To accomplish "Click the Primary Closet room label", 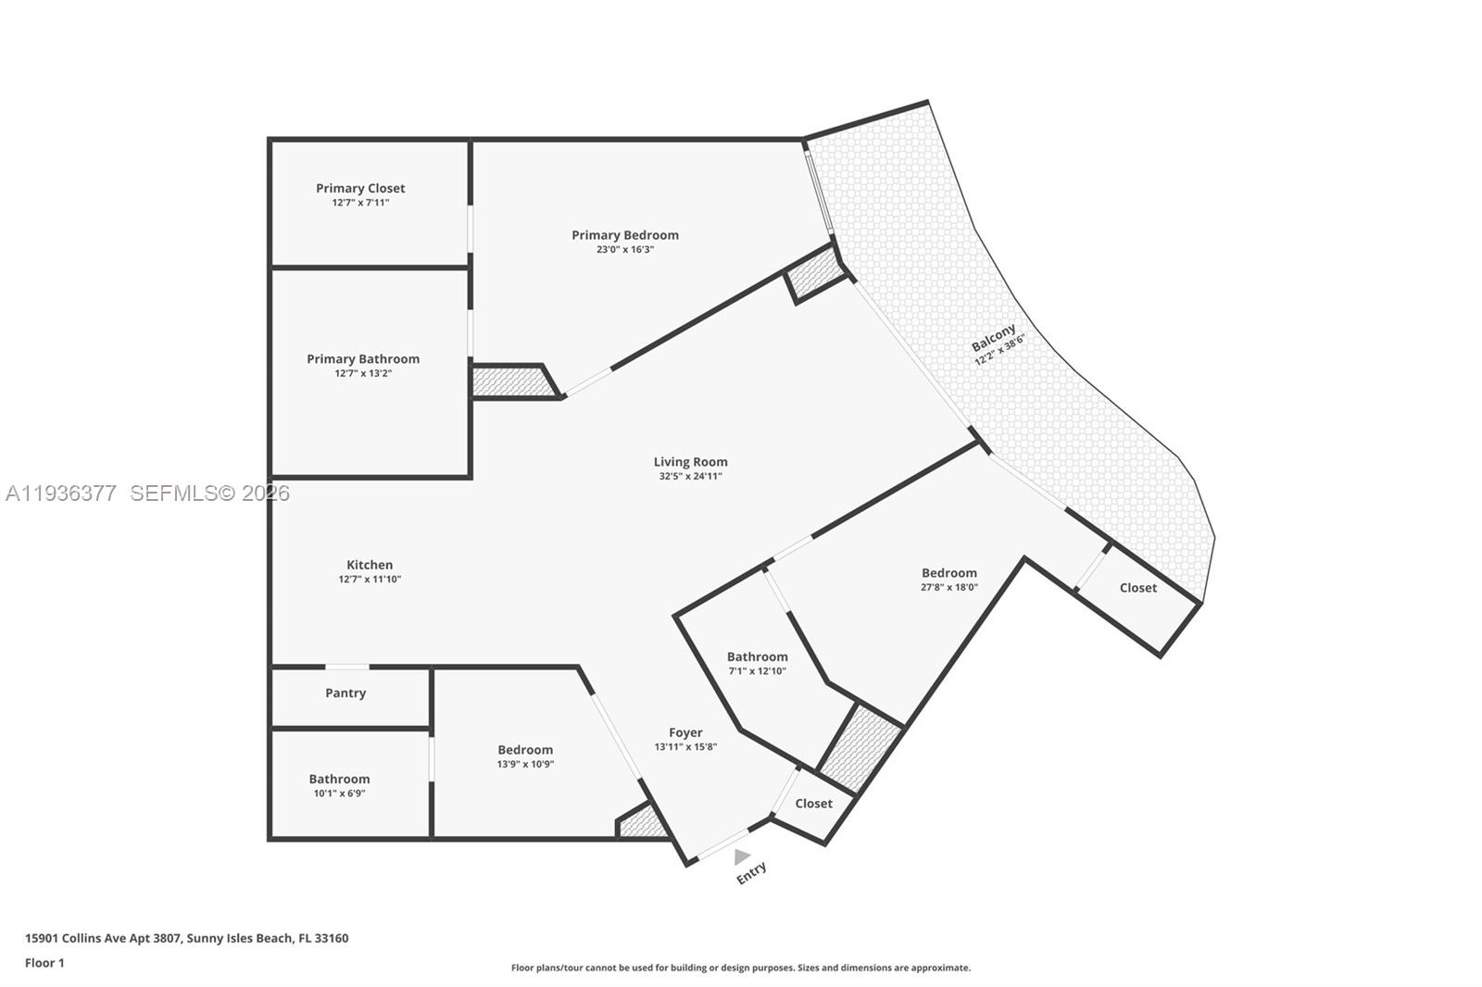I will point(360,188).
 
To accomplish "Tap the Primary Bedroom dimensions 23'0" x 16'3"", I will point(625,249).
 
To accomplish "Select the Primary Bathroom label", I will point(363,359).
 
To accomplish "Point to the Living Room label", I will point(690,462).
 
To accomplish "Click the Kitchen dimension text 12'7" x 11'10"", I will point(370,580).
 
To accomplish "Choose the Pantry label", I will point(345,693).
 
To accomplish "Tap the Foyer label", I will point(685,732).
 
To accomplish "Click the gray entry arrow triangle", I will point(741,856).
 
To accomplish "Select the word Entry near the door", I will point(751,872).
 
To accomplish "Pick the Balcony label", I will point(993,337).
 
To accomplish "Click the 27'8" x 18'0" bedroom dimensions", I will point(949,587).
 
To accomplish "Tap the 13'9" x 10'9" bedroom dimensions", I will point(525,765).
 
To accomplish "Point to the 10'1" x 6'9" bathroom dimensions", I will point(339,793).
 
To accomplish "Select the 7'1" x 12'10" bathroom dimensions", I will point(757,671).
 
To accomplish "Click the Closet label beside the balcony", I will point(1137,588).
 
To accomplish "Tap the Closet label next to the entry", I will point(813,804).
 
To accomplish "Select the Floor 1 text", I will point(44,963).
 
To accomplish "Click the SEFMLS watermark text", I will point(209,493).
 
